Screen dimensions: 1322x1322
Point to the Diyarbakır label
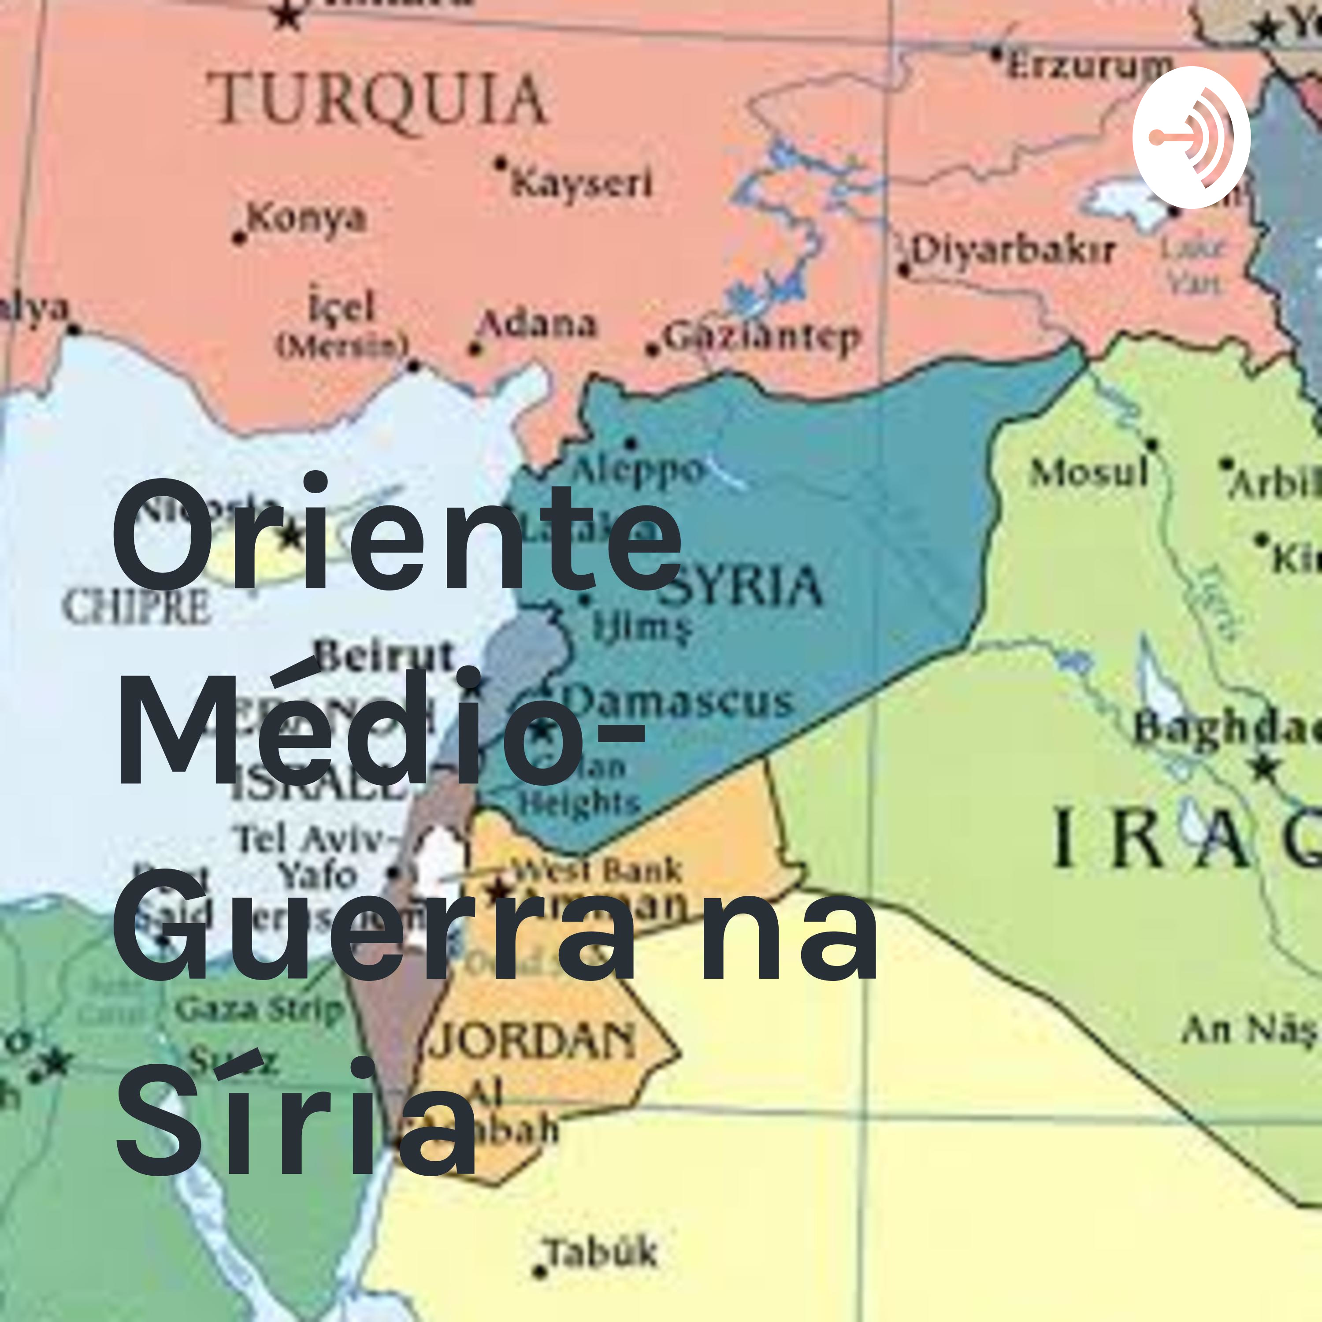[x=1013, y=251]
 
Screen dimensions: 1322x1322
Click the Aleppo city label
[x=636, y=469]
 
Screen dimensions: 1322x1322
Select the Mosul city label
[x=1088, y=472]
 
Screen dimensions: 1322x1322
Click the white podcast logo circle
[x=1191, y=137]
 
